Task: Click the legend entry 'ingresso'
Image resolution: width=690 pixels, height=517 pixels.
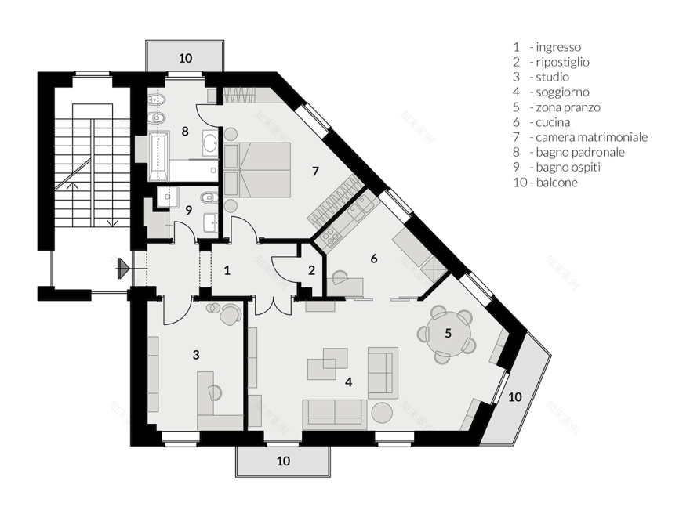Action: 558,47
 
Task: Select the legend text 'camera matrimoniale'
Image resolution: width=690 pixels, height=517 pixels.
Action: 591,137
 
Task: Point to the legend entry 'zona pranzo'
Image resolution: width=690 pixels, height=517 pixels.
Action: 568,107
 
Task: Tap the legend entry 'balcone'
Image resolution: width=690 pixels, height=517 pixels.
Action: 557,183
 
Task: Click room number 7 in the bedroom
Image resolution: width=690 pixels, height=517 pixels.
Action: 315,171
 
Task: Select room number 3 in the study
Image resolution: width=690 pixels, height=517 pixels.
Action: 196,354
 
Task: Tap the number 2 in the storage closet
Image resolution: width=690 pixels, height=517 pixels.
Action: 311,270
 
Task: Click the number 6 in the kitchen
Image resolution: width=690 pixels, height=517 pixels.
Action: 374,258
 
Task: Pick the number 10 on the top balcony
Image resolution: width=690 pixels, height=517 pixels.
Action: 185,58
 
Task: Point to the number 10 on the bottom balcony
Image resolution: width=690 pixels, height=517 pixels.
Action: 283,461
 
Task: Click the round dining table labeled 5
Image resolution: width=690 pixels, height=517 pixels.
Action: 448,334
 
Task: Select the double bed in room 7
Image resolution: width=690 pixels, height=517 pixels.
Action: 257,170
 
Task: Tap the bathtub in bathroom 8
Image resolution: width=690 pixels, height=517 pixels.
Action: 158,156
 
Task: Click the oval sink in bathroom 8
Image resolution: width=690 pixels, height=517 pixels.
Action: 209,143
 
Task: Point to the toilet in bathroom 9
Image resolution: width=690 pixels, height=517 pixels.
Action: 209,198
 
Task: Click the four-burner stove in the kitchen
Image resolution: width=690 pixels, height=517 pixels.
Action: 331,238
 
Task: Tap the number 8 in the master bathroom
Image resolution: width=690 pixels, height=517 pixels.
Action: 185,131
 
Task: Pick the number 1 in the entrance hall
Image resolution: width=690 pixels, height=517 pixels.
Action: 227,270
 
